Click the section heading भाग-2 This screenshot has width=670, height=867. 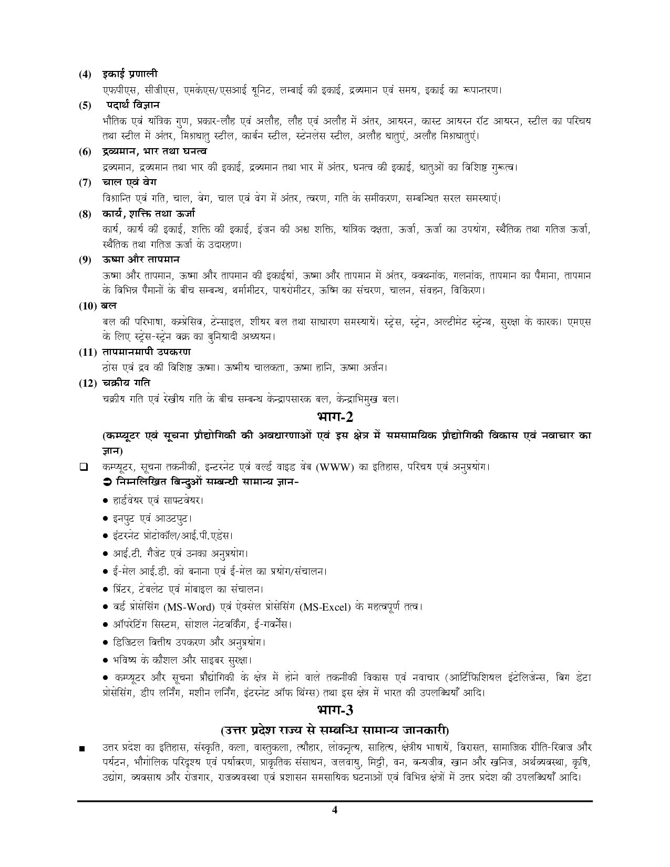tap(335, 417)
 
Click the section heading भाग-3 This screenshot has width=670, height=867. tap(335, 710)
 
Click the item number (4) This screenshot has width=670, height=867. tap(85, 74)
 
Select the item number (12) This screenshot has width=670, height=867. tap(87, 383)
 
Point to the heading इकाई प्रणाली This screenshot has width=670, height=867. tap(130, 74)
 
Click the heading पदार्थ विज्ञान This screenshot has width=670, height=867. tap(134, 105)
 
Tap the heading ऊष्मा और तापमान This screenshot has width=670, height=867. tap(141, 260)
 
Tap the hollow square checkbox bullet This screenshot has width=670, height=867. tap(83, 467)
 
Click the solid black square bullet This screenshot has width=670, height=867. tap(82, 748)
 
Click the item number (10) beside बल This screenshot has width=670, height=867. tap(87, 306)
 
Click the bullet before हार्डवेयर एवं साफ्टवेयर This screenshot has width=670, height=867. tap(106, 501)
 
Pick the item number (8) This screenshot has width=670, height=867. tap(85, 214)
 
